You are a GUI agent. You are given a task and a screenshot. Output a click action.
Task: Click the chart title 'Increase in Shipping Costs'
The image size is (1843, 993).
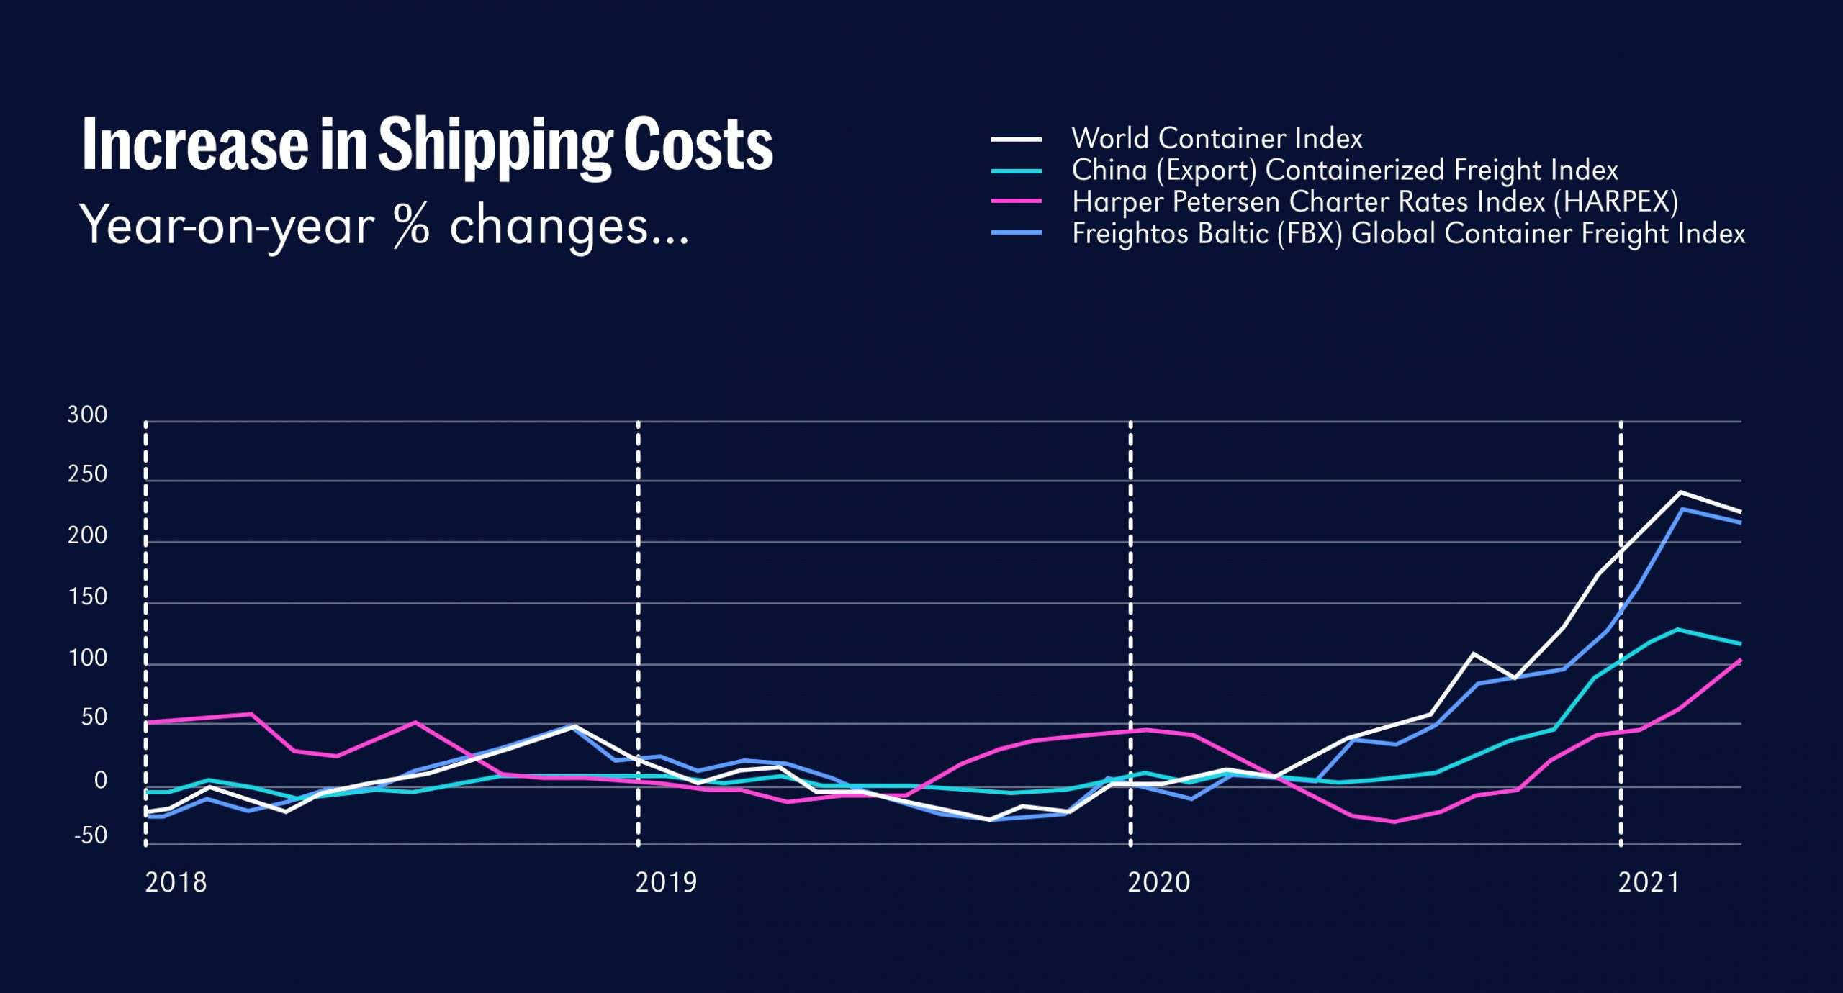[x=428, y=145]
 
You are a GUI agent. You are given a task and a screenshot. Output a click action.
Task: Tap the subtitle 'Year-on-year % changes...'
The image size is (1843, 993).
[x=384, y=227]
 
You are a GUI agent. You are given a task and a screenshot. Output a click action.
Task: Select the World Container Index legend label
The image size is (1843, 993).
[x=1217, y=138]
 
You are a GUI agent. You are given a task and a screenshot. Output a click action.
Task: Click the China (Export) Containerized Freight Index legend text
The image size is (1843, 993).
[x=1345, y=171]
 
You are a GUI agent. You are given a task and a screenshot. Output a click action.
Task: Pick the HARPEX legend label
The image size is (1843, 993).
[x=1375, y=202]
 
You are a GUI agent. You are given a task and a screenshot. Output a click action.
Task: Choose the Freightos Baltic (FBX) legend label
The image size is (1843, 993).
[x=1408, y=234]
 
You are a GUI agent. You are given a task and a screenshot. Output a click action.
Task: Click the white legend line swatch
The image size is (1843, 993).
[x=1017, y=139]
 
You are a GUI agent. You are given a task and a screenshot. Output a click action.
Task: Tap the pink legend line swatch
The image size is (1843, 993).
[x=1017, y=201]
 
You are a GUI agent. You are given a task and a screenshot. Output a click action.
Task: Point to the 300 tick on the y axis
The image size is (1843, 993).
[x=87, y=415]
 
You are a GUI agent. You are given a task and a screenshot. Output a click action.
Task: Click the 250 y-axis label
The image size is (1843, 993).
[x=87, y=475]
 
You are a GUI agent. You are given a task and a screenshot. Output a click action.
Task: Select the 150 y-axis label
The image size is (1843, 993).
[x=87, y=597]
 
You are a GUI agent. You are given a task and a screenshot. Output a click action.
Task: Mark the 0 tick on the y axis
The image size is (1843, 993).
[x=101, y=781]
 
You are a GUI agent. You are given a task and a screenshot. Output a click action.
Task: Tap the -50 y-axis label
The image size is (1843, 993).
[x=91, y=836]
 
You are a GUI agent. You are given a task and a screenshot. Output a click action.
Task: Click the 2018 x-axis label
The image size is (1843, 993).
[x=176, y=883]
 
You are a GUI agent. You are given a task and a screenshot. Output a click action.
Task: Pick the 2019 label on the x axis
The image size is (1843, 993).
[x=666, y=883]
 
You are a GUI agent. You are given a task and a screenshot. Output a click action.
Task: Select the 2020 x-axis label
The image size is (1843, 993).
[x=1158, y=883]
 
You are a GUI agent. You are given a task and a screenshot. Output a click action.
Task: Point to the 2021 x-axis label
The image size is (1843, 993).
[x=1649, y=883]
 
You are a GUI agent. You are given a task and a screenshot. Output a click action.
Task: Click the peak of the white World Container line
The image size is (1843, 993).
[x=1680, y=492]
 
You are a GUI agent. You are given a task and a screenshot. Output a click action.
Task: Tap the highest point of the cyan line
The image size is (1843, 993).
[x=1677, y=630]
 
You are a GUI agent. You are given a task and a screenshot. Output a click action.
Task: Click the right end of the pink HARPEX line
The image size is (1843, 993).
[x=1740, y=660]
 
